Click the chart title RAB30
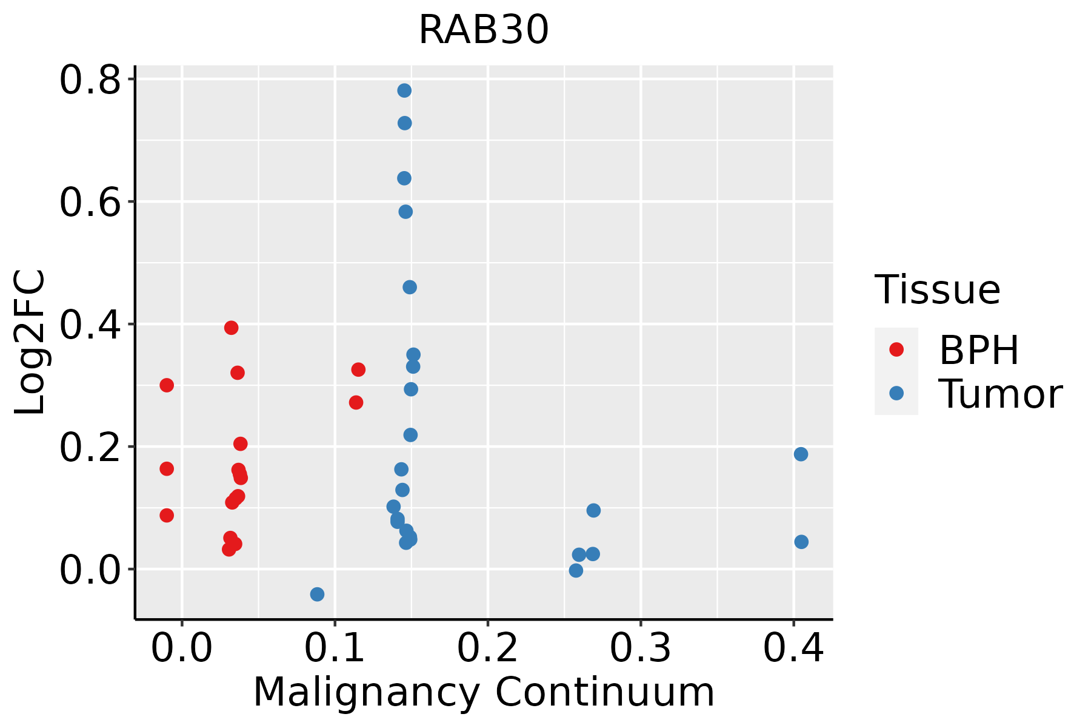coord(484,30)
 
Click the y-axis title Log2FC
coord(30,343)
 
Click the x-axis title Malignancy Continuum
coord(484,692)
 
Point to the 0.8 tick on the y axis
coord(90,81)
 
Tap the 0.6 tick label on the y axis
coord(90,203)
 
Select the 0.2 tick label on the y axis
coord(90,448)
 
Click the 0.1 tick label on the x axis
coord(335,648)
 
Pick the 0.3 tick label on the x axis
coord(640,648)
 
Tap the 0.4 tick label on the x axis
coord(793,648)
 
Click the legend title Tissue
coord(938,290)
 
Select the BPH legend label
coord(979,350)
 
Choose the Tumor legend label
coord(1001,394)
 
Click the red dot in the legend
coord(896,349)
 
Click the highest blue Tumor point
coord(404,91)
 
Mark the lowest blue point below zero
coord(317,594)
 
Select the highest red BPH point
coord(231,328)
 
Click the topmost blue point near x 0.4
coord(801,454)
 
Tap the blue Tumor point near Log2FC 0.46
coord(410,287)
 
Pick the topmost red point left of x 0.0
coord(167,385)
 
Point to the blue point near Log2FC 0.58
coord(405,212)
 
